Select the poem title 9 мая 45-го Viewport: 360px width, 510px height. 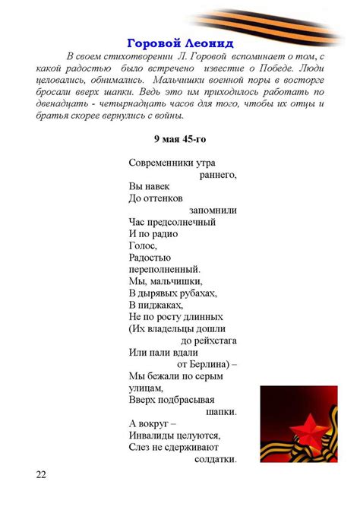click(x=179, y=139)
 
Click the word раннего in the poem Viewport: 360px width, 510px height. click(x=218, y=174)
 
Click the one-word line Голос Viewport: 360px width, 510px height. click(x=143, y=245)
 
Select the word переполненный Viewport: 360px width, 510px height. click(x=165, y=269)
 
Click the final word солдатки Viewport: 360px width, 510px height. click(x=216, y=459)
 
